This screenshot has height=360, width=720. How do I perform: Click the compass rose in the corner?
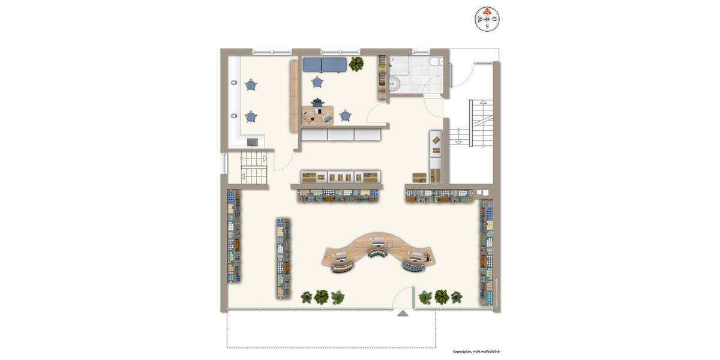(x=487, y=19)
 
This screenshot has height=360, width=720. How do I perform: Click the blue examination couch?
(x=325, y=64)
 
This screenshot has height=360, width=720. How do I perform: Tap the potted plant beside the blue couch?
(x=356, y=63)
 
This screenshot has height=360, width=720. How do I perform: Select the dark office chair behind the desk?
(x=317, y=103)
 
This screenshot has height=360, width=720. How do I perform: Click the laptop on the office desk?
(x=328, y=118)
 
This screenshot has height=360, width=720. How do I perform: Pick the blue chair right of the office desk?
(x=345, y=115)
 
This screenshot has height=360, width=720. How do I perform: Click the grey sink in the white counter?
(x=253, y=142)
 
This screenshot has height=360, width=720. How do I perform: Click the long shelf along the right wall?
(x=486, y=252)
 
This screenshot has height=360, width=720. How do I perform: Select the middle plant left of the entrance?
(x=322, y=296)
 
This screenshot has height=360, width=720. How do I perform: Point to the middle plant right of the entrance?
(x=442, y=296)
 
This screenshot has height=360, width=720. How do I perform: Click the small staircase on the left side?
(x=253, y=168)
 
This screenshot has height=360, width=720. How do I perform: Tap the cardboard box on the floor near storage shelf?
(x=419, y=177)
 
